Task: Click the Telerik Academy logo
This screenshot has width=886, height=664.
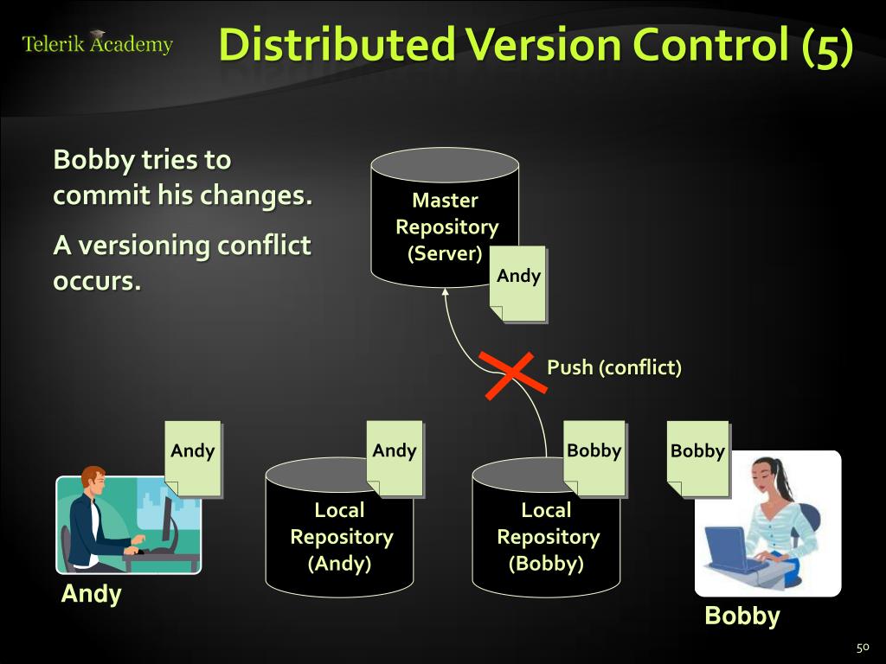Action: click(x=97, y=42)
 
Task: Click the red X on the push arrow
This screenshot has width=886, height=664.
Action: click(x=513, y=375)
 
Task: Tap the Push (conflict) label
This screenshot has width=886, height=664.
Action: click(x=614, y=367)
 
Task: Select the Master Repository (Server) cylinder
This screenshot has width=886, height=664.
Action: click(x=445, y=217)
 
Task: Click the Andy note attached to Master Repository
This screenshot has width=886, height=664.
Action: click(x=518, y=284)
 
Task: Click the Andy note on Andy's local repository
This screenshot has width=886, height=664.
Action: click(x=395, y=459)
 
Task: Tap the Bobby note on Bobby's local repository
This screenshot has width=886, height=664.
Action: click(x=595, y=459)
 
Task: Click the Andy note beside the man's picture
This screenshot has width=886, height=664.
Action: click(x=193, y=459)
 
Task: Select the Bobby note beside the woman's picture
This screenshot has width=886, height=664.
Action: click(x=698, y=459)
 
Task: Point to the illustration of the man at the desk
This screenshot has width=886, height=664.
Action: click(x=128, y=520)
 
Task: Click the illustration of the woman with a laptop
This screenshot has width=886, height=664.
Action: click(x=768, y=523)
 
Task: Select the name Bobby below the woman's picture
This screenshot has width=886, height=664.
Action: click(x=742, y=616)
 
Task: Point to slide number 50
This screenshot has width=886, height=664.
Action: click(x=863, y=648)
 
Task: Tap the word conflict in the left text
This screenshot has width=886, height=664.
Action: click(x=264, y=246)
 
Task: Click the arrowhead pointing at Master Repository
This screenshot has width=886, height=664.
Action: click(x=446, y=292)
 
